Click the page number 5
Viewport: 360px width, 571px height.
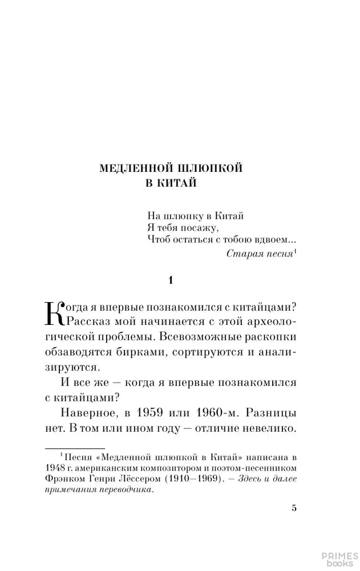pos(294,508)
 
